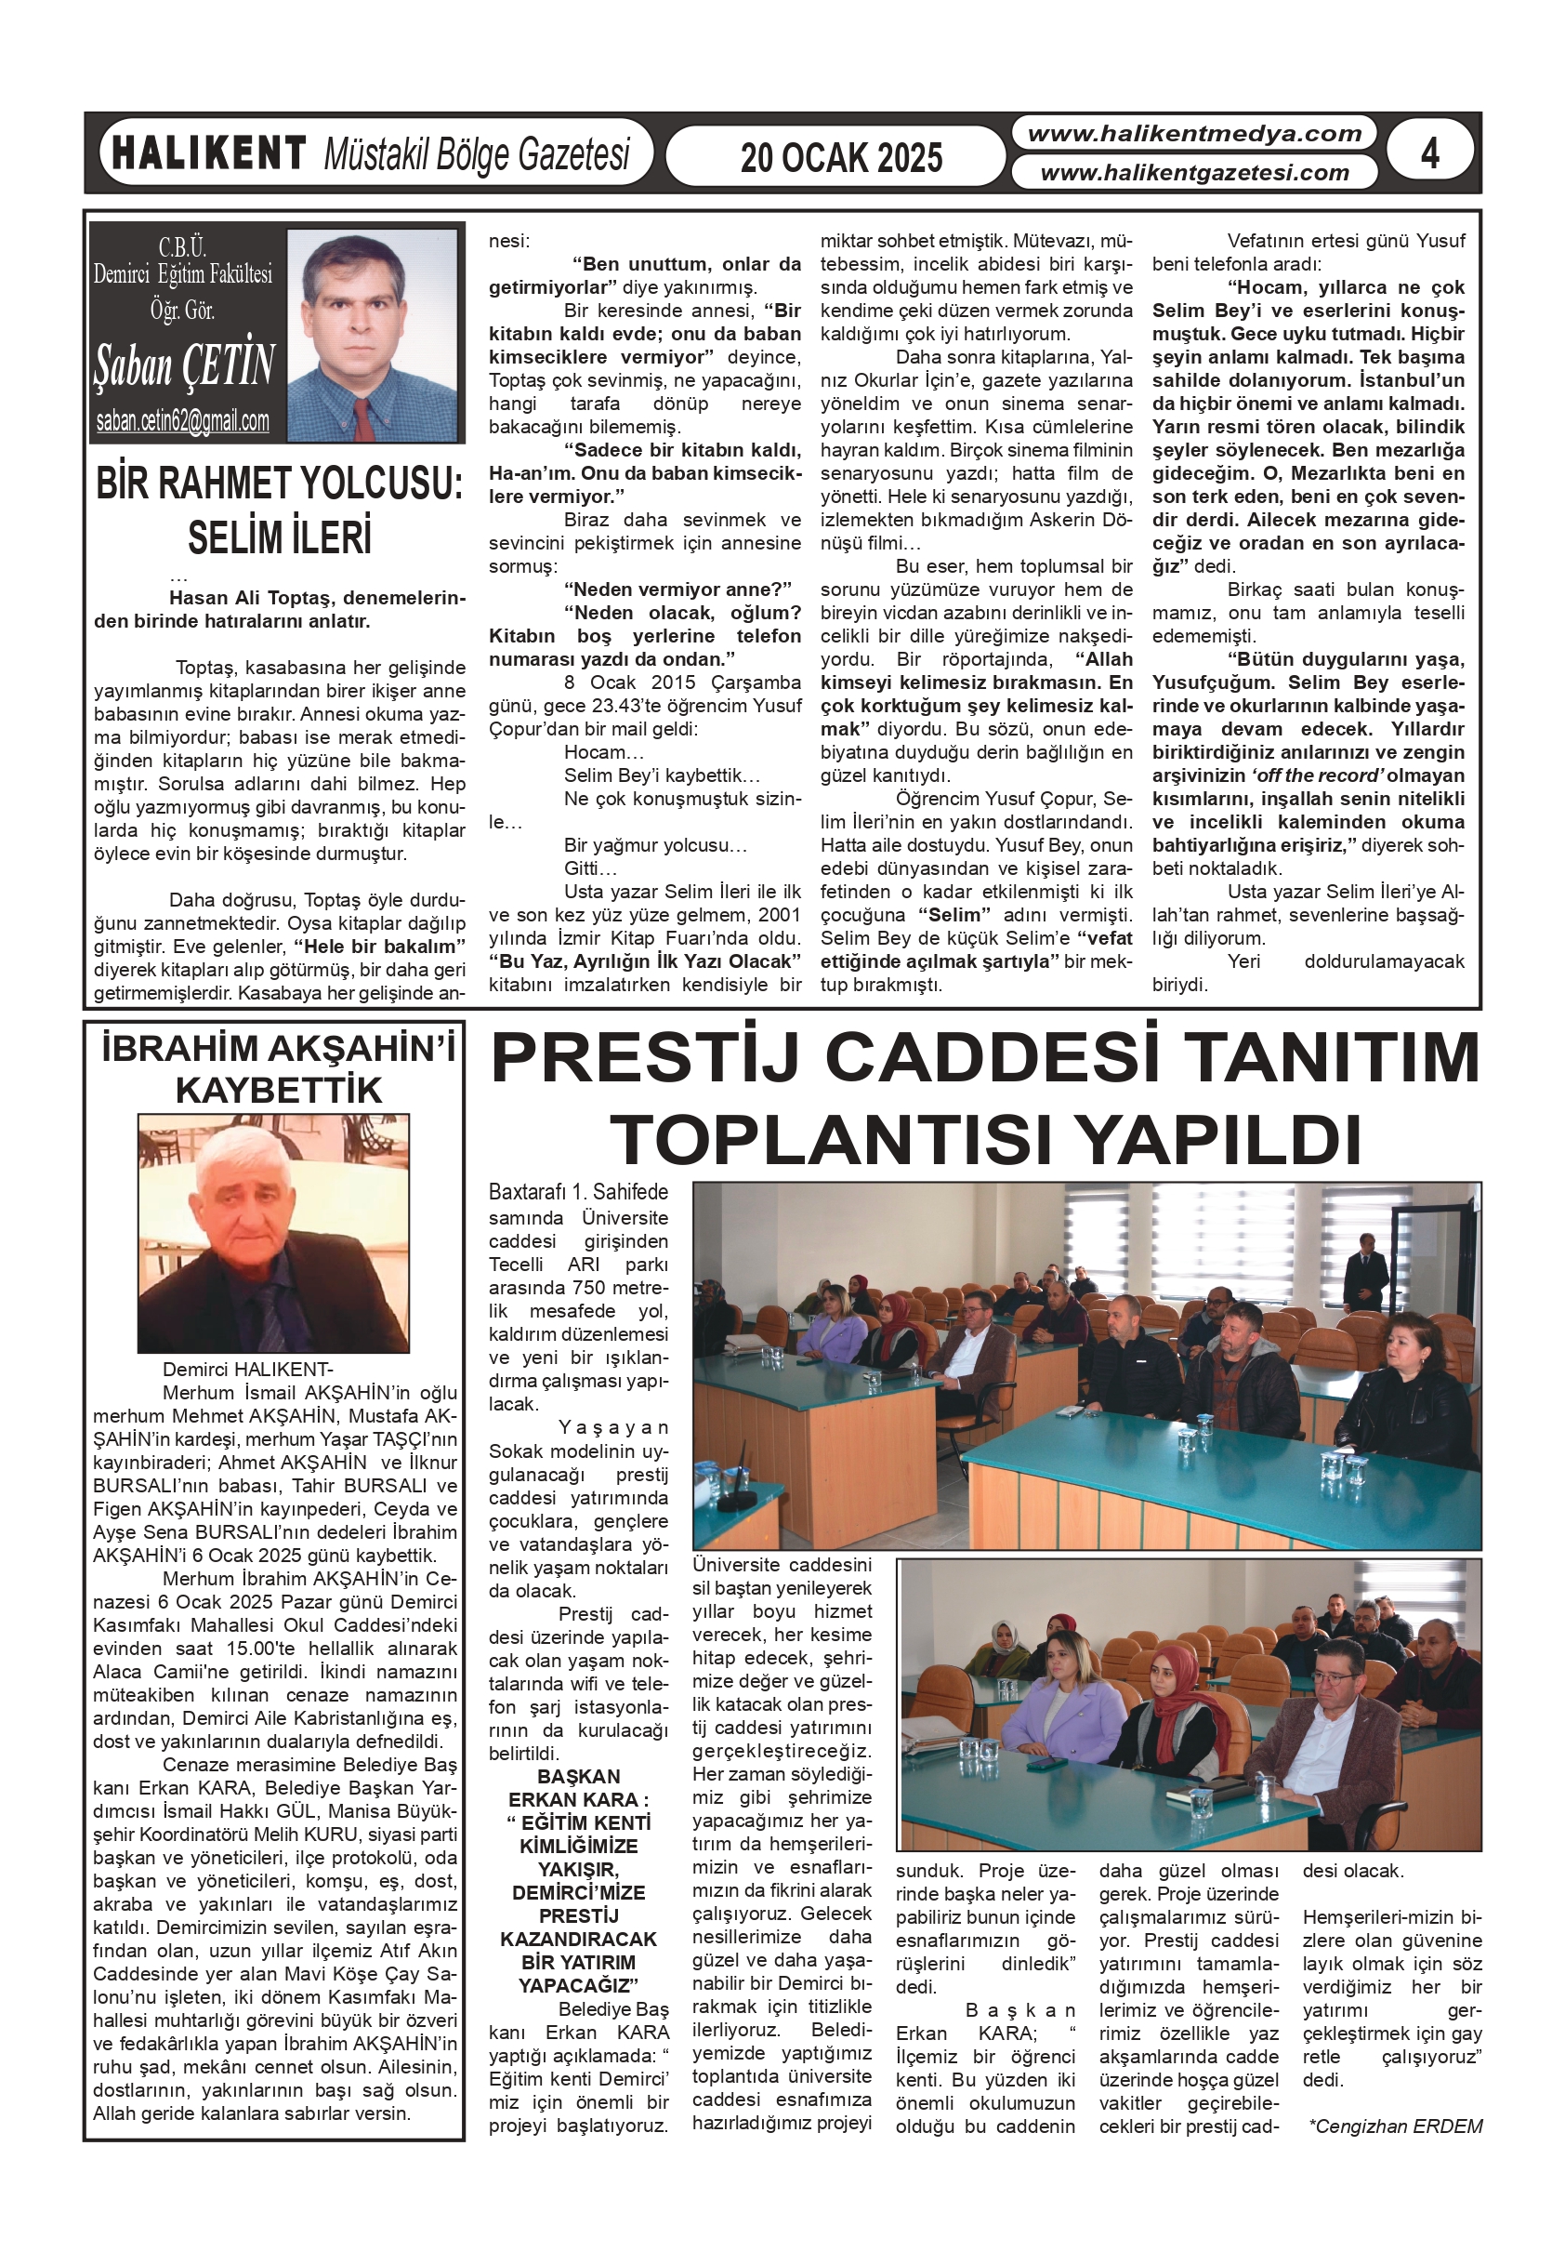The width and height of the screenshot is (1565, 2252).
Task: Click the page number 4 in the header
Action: point(1429,153)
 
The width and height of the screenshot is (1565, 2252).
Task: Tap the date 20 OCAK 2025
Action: point(840,158)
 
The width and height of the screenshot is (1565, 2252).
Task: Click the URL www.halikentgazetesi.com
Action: point(1193,174)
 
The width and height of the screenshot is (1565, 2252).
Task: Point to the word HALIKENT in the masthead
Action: point(209,154)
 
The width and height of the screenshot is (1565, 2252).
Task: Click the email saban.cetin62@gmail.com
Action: point(182,422)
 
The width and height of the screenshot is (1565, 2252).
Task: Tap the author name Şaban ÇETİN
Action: point(184,364)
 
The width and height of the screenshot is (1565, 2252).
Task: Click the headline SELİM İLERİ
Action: point(280,537)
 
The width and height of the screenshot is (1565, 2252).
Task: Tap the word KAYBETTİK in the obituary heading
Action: point(279,1090)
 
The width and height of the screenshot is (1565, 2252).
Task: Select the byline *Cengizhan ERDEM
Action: point(1394,2126)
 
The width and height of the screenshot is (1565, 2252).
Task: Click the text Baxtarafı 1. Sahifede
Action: point(579,1192)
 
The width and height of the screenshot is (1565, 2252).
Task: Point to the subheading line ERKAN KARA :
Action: point(579,1800)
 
